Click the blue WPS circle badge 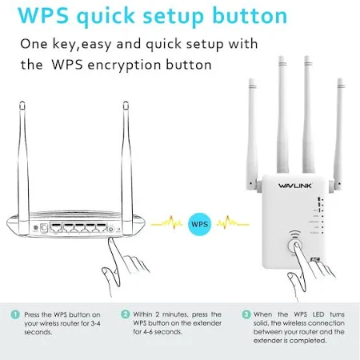coord(199,224)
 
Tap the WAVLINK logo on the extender coord(294,186)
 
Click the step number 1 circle coord(15,314)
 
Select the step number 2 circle coord(125,314)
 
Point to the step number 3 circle coord(246,314)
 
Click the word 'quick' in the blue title coord(106,17)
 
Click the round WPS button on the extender coord(295,246)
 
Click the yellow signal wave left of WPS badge coord(166,222)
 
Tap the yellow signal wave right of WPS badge coord(233,222)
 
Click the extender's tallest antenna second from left coord(282,114)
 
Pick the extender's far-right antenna coord(339,134)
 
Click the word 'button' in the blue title coord(250,15)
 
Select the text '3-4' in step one coord(95,323)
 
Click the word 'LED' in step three coord(318,314)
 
